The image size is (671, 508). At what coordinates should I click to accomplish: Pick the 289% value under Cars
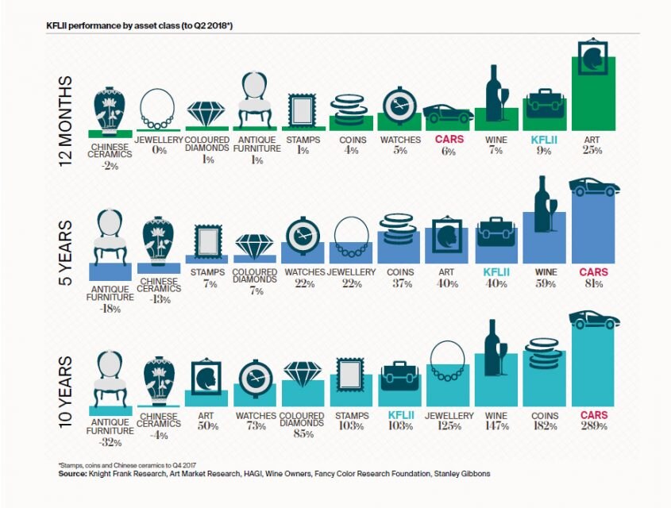pyautogui.click(x=593, y=426)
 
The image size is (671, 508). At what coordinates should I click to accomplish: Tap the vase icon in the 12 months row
pyautogui.click(x=110, y=107)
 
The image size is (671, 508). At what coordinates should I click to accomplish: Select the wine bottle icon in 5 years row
pyautogui.click(x=545, y=204)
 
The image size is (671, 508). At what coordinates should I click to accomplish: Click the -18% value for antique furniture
pyautogui.click(x=110, y=309)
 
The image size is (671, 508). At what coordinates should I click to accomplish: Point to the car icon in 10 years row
pyautogui.click(x=594, y=319)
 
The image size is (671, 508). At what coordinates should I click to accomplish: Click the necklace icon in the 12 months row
pyautogui.click(x=158, y=110)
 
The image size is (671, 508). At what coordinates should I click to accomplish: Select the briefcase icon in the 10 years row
pyautogui.click(x=400, y=377)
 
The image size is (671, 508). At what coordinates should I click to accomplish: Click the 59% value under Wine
pyautogui.click(x=545, y=284)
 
